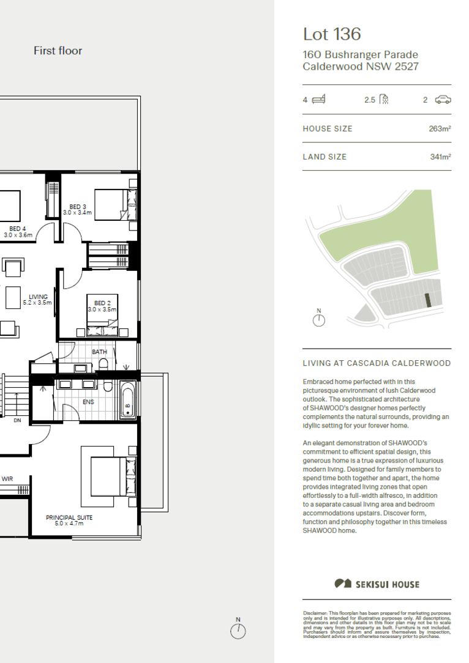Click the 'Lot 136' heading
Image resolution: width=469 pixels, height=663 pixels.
[x=332, y=34]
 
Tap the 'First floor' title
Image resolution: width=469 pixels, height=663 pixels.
[x=58, y=51]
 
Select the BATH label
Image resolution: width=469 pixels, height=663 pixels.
[x=99, y=352]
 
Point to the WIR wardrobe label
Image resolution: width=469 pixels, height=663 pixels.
[x=7, y=479]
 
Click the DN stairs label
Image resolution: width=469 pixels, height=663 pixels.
[x=17, y=421]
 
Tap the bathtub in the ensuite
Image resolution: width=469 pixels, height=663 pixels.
[x=127, y=399]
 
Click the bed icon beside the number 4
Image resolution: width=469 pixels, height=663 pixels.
[x=318, y=100]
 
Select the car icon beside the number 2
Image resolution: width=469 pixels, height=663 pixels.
[x=443, y=100]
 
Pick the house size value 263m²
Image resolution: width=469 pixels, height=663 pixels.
[x=440, y=128]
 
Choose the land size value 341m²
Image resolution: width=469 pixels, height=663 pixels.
[x=440, y=157]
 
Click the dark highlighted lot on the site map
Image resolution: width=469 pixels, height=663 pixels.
[x=429, y=300]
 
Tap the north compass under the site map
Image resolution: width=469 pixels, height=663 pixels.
[x=318, y=319]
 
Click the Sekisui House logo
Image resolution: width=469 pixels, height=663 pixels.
[x=377, y=583]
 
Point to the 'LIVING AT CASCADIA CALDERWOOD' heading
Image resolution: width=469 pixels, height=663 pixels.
[x=377, y=363]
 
